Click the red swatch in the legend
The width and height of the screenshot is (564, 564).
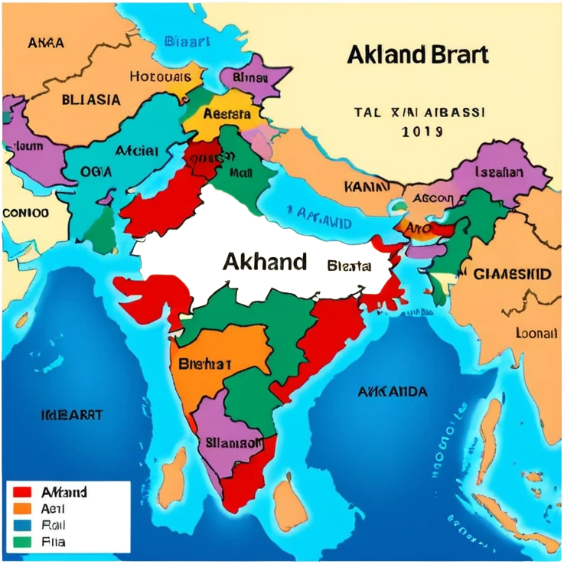point(22,492)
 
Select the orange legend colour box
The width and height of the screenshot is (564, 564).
point(22,508)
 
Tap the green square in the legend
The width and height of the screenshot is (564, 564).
point(22,542)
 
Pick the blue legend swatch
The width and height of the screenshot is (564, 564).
point(22,525)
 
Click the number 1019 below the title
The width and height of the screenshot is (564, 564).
point(422,132)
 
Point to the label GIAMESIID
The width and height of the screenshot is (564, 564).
point(512,274)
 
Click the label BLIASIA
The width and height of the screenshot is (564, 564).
point(90,99)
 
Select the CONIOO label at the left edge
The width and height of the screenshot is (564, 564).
point(26,212)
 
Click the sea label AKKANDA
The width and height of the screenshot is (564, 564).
point(393,392)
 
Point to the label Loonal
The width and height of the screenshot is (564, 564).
point(536,334)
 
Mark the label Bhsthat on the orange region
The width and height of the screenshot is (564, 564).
point(204,364)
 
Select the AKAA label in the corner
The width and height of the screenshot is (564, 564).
point(46,43)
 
